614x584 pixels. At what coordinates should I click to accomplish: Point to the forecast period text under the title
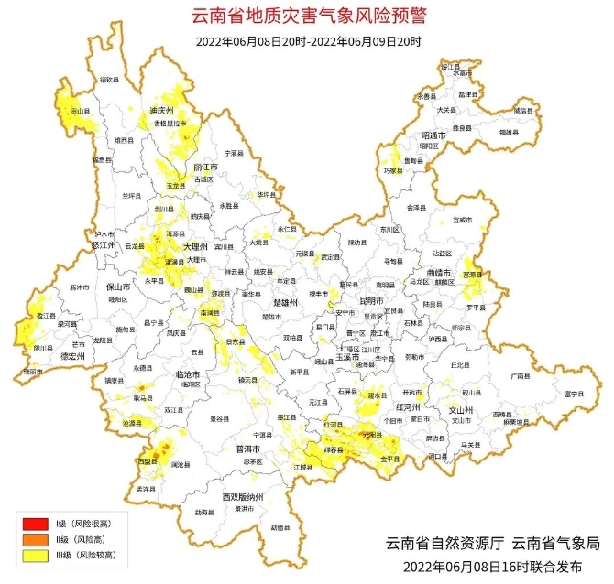click(x=308, y=41)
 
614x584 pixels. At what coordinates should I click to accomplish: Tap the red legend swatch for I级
click(x=36, y=523)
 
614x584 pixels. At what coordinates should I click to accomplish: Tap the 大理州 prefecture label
click(x=196, y=247)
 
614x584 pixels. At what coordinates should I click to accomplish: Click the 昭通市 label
click(x=433, y=135)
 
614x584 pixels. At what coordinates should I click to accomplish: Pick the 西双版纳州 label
click(x=243, y=496)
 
